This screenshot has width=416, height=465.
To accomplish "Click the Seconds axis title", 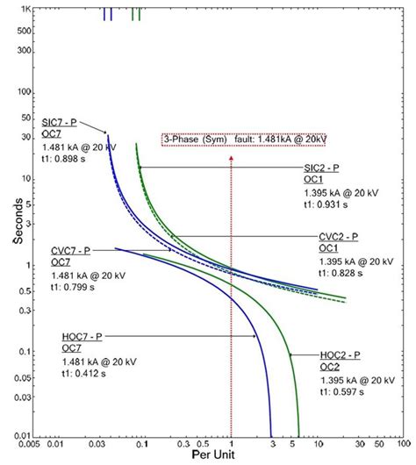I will click(17, 223).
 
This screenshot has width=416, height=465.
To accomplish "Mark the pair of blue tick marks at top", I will click(108, 14).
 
